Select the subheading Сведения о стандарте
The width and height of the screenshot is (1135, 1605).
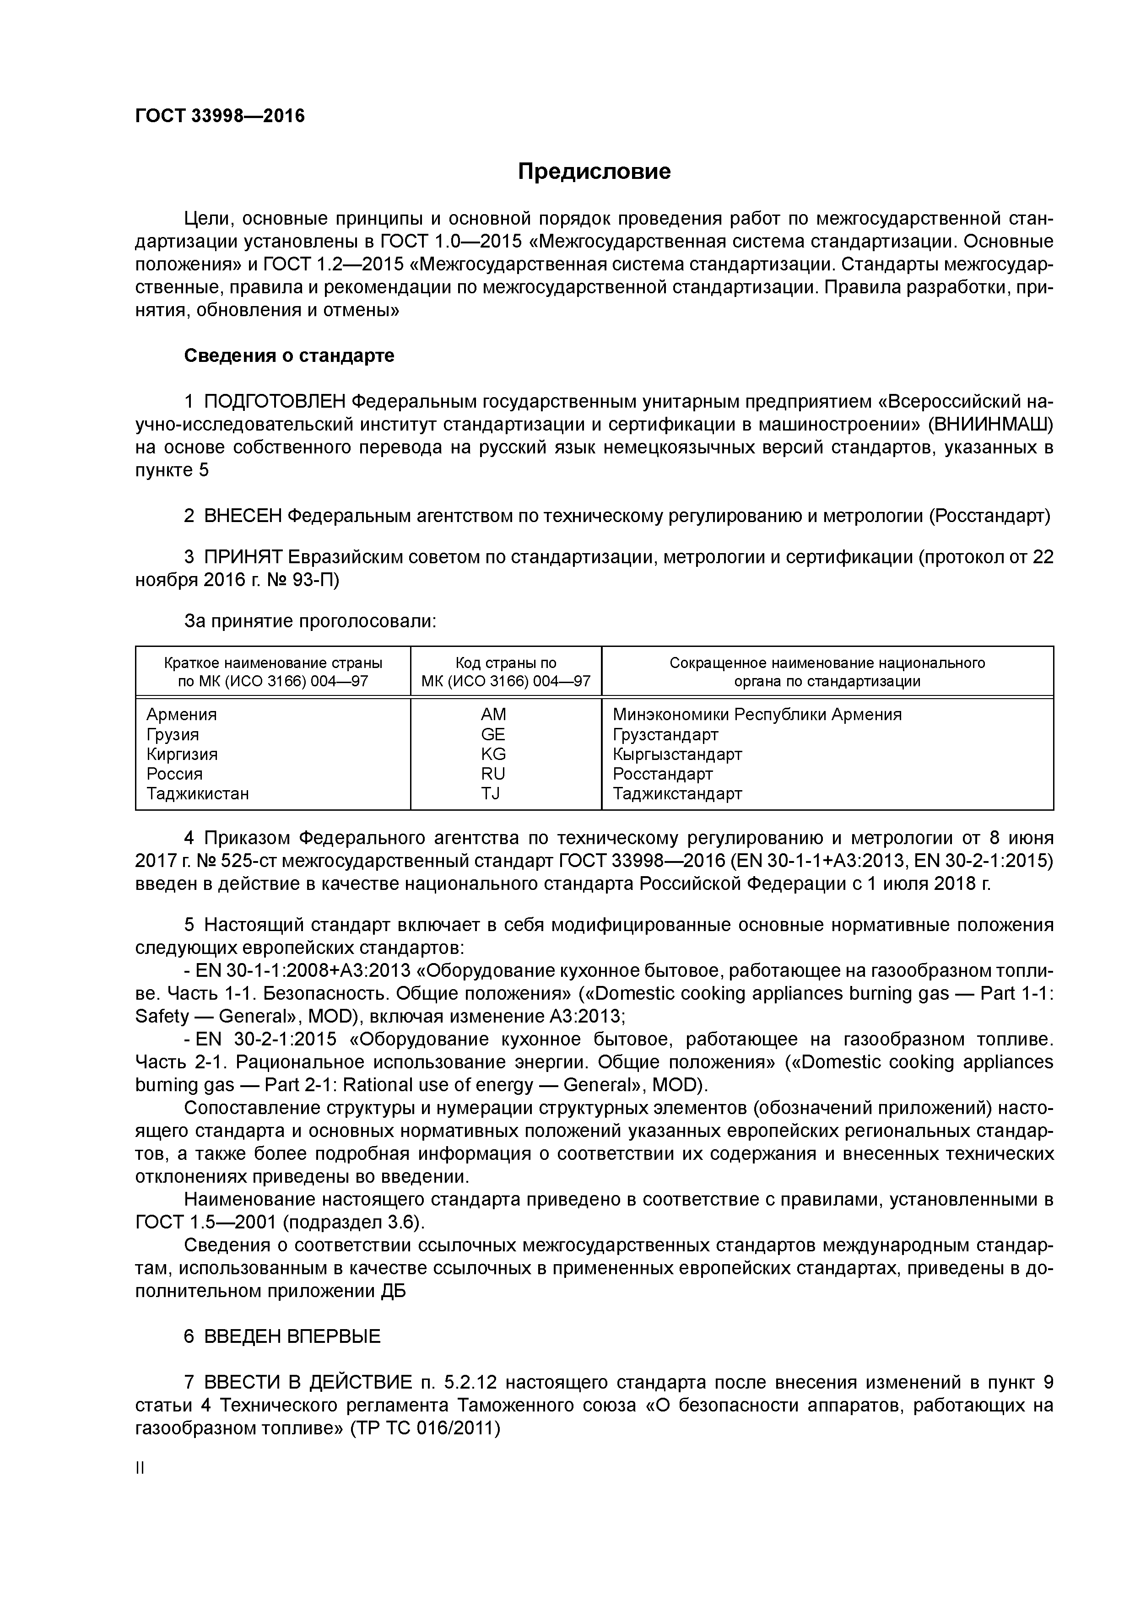click(x=289, y=356)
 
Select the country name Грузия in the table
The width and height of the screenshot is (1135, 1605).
click(x=173, y=734)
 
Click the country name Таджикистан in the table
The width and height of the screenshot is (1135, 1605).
click(x=197, y=793)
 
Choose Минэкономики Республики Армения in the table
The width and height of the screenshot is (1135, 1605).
click(x=757, y=714)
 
